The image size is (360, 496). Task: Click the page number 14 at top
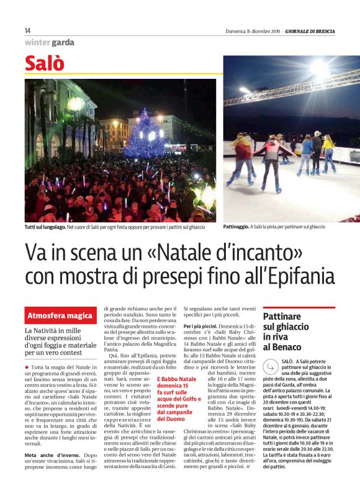(x=28, y=30)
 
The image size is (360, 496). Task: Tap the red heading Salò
(x=44, y=64)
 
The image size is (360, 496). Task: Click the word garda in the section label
(x=63, y=43)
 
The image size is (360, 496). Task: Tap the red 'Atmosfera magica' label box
(x=60, y=315)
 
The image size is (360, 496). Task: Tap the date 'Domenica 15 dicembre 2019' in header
(x=252, y=31)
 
